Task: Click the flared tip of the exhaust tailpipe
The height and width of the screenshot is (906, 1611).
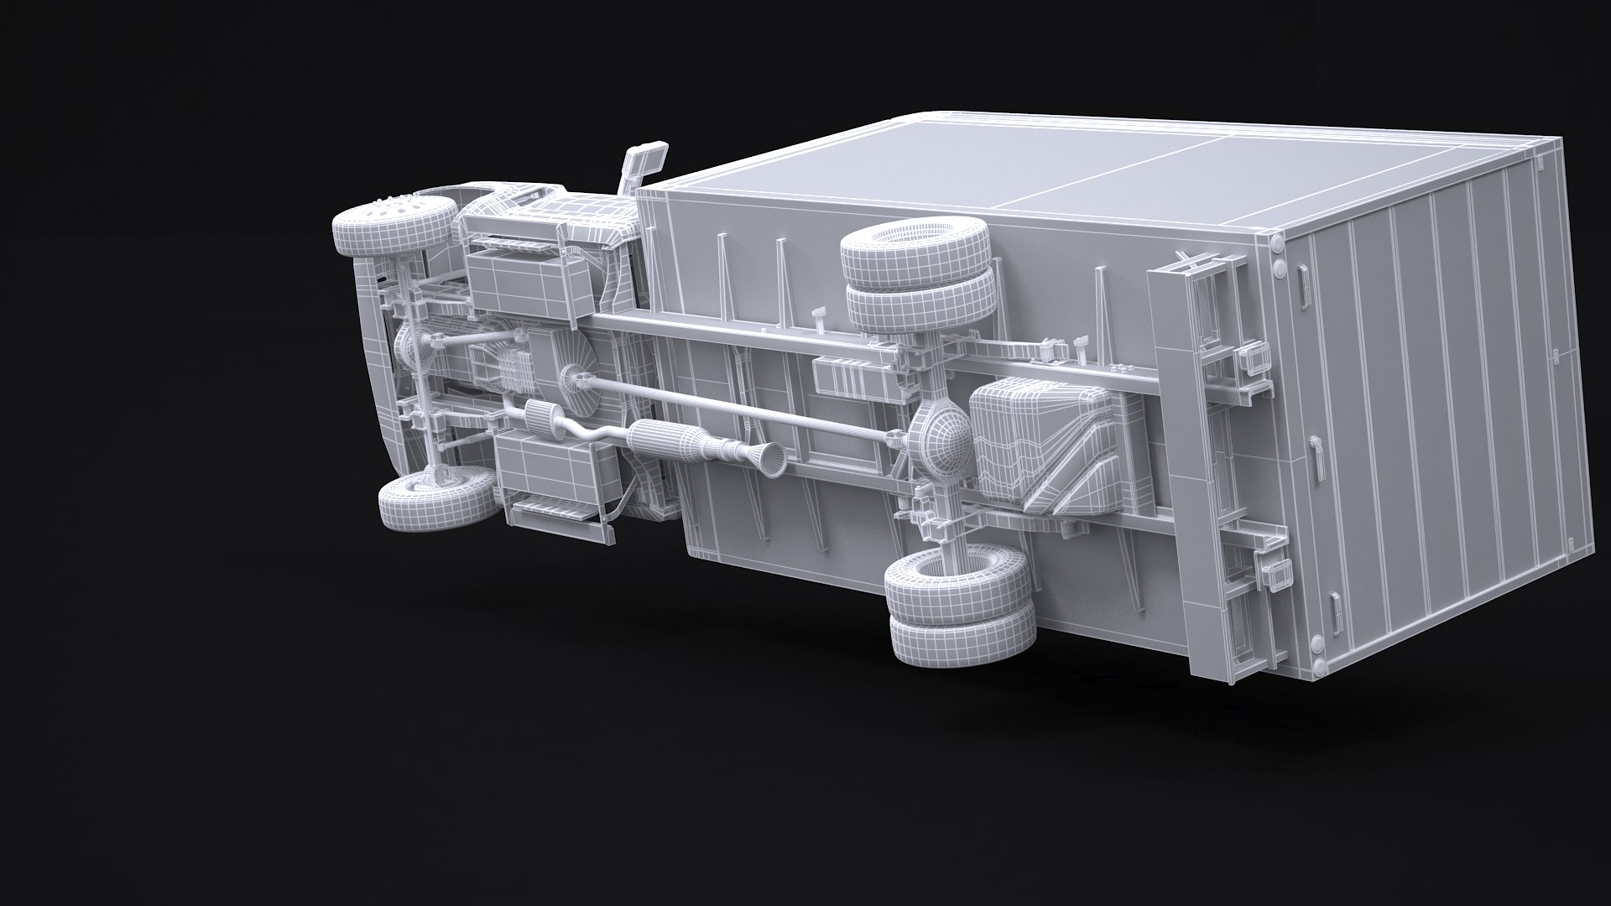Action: tap(773, 457)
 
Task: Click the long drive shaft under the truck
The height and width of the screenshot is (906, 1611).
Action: tap(747, 406)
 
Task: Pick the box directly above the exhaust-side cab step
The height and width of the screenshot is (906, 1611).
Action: tap(545, 465)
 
